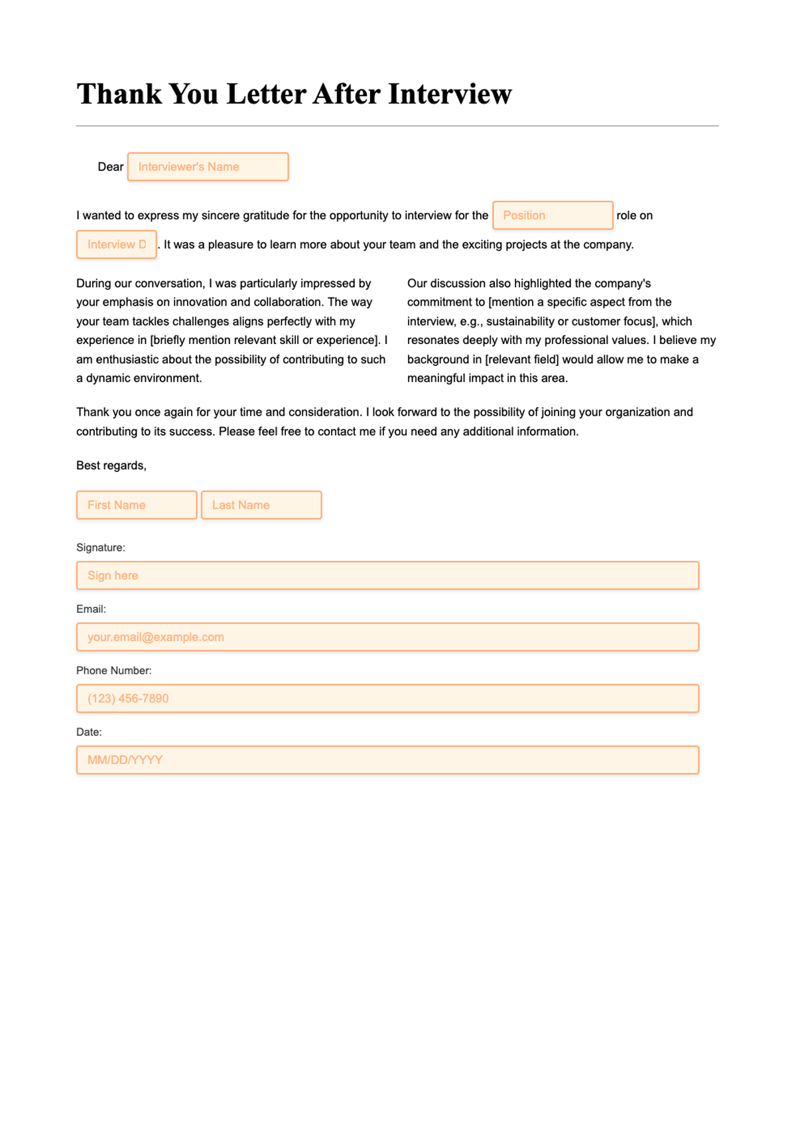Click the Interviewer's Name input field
208,167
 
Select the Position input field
553,215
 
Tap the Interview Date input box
117,245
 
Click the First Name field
137,505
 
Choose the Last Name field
261,505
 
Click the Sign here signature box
387,575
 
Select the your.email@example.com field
387,637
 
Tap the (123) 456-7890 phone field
387,699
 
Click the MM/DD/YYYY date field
387,760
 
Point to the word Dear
110,167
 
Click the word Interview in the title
450,94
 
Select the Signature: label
101,548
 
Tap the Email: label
91,609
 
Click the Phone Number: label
113,671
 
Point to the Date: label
89,733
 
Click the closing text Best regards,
111,465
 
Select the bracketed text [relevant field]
522,359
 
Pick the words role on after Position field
634,215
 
